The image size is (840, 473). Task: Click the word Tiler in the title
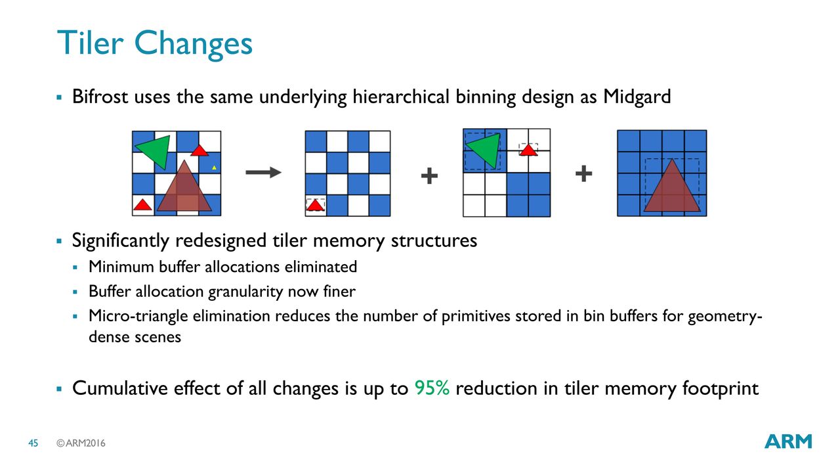[91, 43]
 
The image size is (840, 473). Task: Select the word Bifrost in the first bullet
[100, 97]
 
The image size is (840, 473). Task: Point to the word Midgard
[637, 97]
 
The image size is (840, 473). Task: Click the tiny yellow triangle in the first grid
[214, 168]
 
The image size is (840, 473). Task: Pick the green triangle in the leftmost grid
[154, 152]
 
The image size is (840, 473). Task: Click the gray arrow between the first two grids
[263, 172]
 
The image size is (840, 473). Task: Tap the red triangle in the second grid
[315, 205]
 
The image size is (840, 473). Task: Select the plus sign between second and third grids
[429, 175]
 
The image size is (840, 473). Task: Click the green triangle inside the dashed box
[484, 150]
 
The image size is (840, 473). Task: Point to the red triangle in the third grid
[528, 150]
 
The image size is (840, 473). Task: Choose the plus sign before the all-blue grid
[583, 173]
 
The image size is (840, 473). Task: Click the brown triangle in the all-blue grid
[672, 185]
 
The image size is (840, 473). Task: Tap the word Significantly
[120, 240]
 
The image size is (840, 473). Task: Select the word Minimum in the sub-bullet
[121, 267]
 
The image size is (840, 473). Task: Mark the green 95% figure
[432, 388]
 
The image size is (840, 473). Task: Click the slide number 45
[33, 443]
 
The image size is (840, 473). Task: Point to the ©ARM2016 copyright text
[81, 443]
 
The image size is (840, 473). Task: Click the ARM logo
[788, 441]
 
